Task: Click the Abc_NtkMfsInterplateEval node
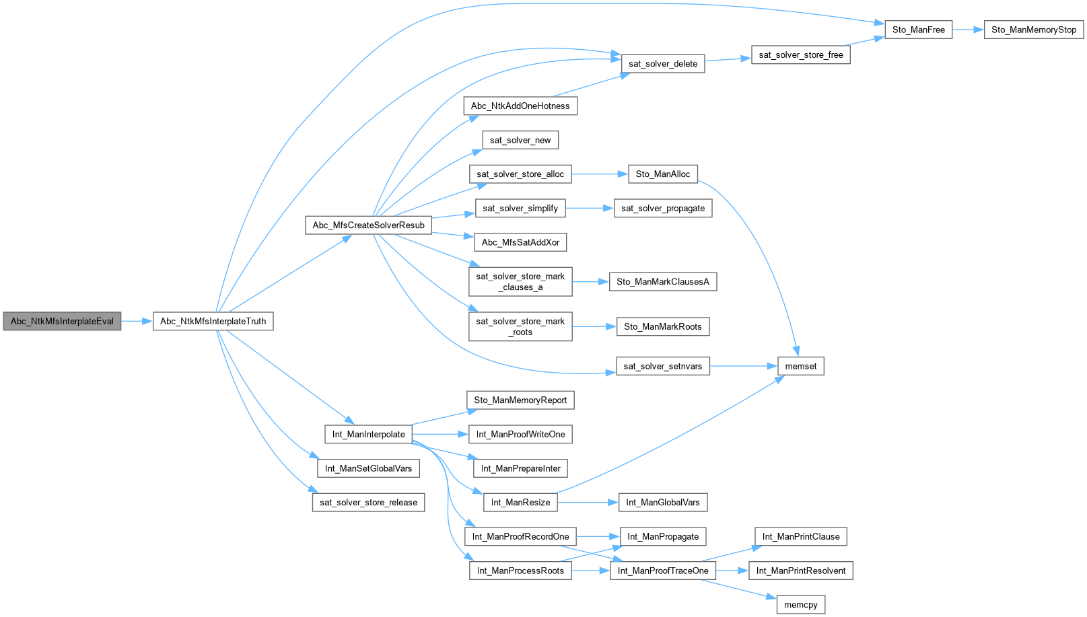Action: tap(62, 321)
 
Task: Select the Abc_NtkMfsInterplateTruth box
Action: tap(213, 321)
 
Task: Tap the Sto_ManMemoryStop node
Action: tap(1033, 30)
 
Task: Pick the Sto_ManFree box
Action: tap(918, 30)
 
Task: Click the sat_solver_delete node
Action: tap(662, 64)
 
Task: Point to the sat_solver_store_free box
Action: tap(800, 55)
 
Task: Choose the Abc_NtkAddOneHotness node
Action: tap(520, 106)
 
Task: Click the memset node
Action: tap(800, 366)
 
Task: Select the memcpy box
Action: tap(800, 605)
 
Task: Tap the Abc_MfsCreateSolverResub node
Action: tap(368, 225)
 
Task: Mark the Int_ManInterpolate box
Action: tap(368, 434)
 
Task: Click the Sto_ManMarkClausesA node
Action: tap(662, 281)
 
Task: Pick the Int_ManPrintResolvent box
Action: tap(800, 571)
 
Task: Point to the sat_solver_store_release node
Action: tap(368, 502)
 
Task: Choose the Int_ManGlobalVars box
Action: tap(662, 502)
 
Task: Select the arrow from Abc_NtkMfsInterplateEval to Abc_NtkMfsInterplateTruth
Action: tap(137, 321)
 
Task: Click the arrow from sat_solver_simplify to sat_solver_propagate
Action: tap(589, 208)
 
